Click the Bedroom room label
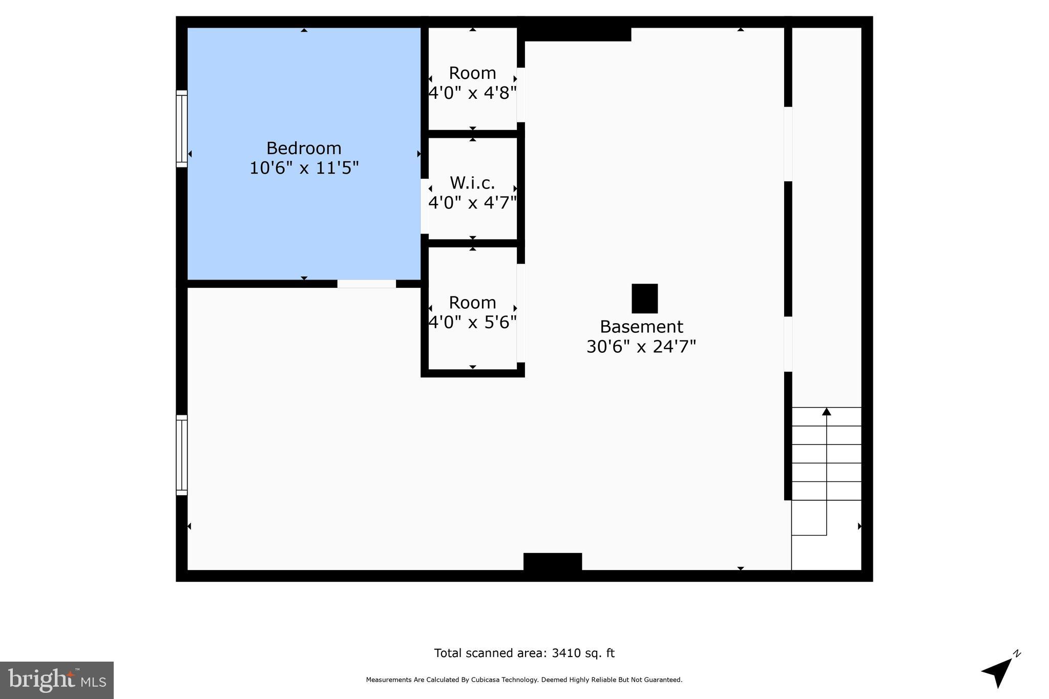click(304, 148)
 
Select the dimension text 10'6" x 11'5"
click(304, 168)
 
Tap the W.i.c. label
click(472, 183)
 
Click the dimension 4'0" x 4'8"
click(472, 93)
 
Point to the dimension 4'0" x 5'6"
click(472, 322)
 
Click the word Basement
click(641, 327)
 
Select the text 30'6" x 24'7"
click(641, 347)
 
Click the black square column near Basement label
click(644, 299)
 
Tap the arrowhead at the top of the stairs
click(826, 412)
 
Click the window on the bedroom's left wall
click(182, 129)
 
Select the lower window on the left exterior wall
click(182, 455)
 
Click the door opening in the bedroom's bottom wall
click(366, 284)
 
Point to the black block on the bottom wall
click(552, 561)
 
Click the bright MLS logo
click(56, 680)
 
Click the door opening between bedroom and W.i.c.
click(424, 206)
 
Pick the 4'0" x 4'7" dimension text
click(472, 203)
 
